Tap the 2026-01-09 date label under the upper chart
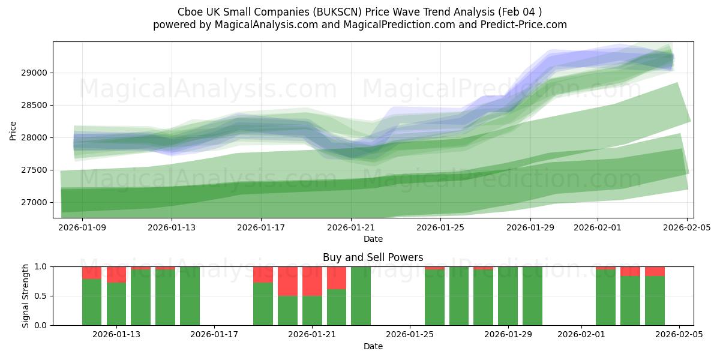pos(82,228)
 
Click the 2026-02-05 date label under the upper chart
pos(686,228)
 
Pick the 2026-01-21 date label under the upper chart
pos(351,228)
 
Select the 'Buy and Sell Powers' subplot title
pos(373,257)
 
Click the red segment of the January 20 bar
pos(287,281)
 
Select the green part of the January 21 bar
pos(312,310)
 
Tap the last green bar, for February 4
pos(655,300)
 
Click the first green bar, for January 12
pos(92,302)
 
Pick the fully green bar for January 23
pos(361,296)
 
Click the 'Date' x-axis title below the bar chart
pos(373,346)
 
